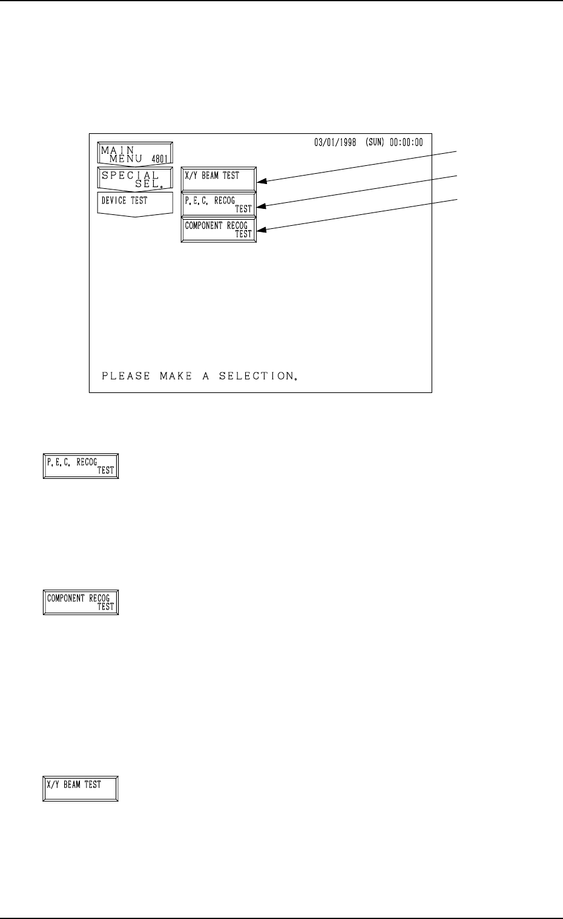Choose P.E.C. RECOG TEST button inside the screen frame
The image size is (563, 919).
[219, 205]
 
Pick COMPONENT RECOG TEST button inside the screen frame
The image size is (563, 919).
[219, 230]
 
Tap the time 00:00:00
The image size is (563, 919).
[407, 143]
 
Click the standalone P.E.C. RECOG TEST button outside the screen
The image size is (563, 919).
[81, 466]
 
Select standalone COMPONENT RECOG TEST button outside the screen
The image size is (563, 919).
[81, 602]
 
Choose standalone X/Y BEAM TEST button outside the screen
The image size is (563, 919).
[81, 789]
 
